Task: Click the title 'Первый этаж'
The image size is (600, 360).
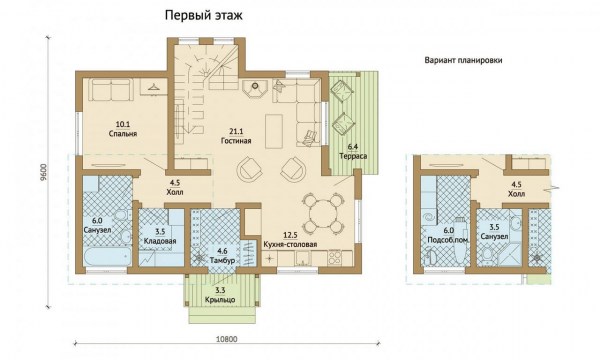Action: (204, 16)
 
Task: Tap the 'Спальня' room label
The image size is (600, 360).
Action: (123, 134)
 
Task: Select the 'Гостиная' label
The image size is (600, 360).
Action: (236, 141)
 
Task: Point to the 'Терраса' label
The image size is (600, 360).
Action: (353, 156)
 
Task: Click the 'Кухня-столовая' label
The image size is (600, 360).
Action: (290, 244)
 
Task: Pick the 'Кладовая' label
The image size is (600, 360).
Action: (160, 241)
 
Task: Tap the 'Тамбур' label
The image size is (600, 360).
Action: (222, 261)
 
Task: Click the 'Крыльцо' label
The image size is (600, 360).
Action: (220, 300)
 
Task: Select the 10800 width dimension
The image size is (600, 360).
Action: (227, 339)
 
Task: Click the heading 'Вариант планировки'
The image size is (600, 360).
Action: (463, 60)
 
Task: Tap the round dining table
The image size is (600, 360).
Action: (322, 213)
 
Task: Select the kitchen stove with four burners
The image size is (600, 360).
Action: (334, 257)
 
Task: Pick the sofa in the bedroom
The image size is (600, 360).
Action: (111, 90)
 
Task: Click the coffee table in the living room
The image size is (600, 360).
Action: (273, 129)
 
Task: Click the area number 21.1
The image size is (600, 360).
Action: (236, 132)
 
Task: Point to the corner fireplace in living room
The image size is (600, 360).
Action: (254, 89)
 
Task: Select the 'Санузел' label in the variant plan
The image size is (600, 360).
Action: (494, 237)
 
